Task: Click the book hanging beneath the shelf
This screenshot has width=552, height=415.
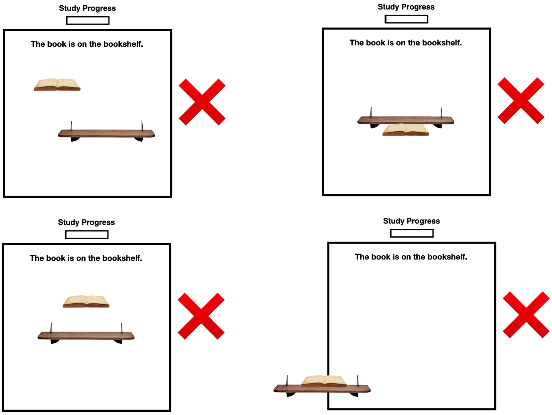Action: pos(406,130)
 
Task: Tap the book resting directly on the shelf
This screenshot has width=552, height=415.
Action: pos(324,381)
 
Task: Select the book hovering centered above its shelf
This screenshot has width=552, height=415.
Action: pos(86,301)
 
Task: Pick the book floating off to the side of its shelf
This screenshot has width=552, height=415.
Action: pos(57,85)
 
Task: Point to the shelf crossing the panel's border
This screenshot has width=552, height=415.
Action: pos(322,388)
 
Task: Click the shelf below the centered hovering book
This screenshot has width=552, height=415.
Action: pos(86,336)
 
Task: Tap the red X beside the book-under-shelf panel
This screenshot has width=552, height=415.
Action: pos(521,100)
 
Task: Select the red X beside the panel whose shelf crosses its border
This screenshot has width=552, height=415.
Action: pos(526,315)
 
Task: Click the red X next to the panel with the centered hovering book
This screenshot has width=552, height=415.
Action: pos(201,316)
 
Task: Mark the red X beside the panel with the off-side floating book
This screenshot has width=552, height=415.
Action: pos(202,102)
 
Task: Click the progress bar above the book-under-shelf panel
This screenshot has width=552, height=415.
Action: pos(406,19)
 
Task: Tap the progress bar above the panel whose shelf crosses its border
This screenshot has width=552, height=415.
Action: pos(412,233)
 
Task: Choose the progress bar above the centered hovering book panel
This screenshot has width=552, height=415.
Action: pos(87,234)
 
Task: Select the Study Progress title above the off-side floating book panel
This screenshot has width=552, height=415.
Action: pos(87,8)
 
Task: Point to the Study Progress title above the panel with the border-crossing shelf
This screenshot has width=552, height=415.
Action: pos(411,221)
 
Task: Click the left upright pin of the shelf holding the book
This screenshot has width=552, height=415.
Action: pos(287,380)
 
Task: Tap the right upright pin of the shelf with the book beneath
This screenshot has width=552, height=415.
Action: pos(441,112)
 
